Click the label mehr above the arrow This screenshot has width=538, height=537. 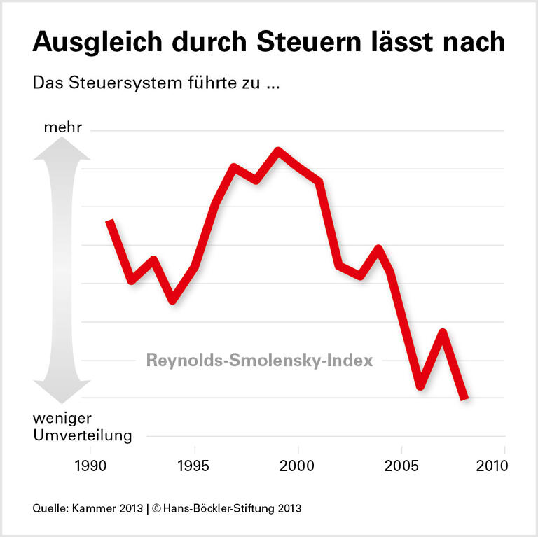click(62, 128)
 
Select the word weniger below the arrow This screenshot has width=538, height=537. click(61, 419)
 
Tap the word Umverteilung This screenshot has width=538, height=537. click(82, 435)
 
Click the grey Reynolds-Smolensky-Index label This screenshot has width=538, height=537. click(259, 361)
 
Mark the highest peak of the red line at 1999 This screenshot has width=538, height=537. click(278, 151)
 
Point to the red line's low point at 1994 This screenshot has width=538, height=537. click(172, 300)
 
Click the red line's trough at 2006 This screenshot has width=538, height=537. click(421, 385)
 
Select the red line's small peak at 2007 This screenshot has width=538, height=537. click(442, 332)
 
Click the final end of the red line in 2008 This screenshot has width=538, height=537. click(464, 398)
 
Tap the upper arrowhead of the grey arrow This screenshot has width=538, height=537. click(62, 148)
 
